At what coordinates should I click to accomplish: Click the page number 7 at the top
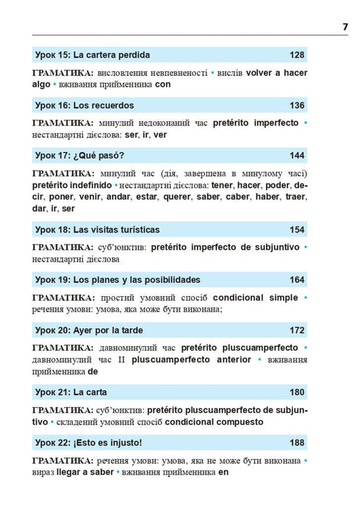point(345,27)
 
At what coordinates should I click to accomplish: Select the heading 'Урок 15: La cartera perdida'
point(93,54)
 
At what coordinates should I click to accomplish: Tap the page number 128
point(297,54)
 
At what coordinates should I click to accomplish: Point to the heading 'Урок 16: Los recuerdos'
point(84,105)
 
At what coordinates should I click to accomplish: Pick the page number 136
point(297,105)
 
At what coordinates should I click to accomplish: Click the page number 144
point(297,155)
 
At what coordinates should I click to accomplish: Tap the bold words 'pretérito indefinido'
point(73,186)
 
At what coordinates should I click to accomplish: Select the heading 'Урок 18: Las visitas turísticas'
point(96,229)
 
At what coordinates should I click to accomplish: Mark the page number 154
point(297,229)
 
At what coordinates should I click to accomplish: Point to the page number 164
point(297,279)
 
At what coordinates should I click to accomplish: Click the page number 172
point(297,330)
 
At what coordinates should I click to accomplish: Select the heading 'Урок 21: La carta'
point(71,392)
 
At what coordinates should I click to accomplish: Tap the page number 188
point(297,442)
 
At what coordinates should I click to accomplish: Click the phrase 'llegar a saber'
point(84,473)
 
